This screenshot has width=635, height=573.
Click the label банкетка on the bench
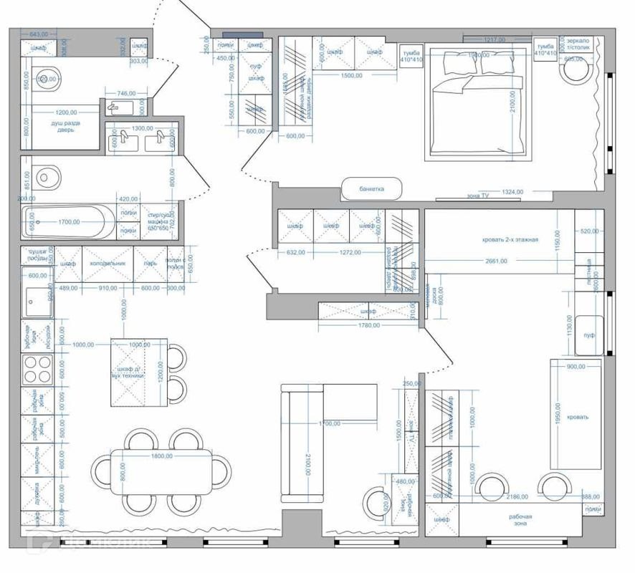click(x=372, y=189)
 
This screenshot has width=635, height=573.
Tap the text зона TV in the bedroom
click(x=478, y=195)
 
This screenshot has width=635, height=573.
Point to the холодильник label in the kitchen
click(x=108, y=264)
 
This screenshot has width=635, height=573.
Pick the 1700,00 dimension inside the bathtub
click(x=69, y=222)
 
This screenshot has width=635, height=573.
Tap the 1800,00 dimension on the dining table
click(x=161, y=456)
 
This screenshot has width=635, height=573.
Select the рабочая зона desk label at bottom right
click(x=521, y=520)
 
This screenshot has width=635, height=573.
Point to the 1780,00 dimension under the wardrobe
click(x=368, y=327)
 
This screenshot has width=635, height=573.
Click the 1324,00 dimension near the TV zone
click(x=512, y=192)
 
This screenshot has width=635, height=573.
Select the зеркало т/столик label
click(x=578, y=46)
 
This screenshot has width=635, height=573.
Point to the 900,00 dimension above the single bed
click(x=576, y=366)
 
